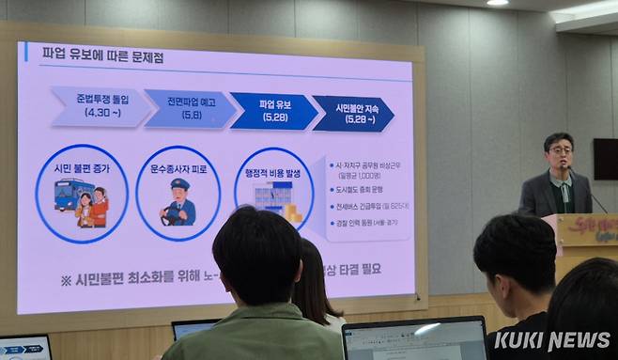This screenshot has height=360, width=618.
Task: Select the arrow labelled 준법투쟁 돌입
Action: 100,106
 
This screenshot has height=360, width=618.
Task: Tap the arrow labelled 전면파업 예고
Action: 188,108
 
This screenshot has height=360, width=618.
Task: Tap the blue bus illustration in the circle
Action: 72,196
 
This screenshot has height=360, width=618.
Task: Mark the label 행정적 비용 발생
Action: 272,172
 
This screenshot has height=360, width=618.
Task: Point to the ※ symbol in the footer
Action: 66,279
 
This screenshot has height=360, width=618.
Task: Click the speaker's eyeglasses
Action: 560,150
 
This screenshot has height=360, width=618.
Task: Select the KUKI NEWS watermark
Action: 551,340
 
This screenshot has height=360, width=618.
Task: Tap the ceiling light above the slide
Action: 497,3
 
